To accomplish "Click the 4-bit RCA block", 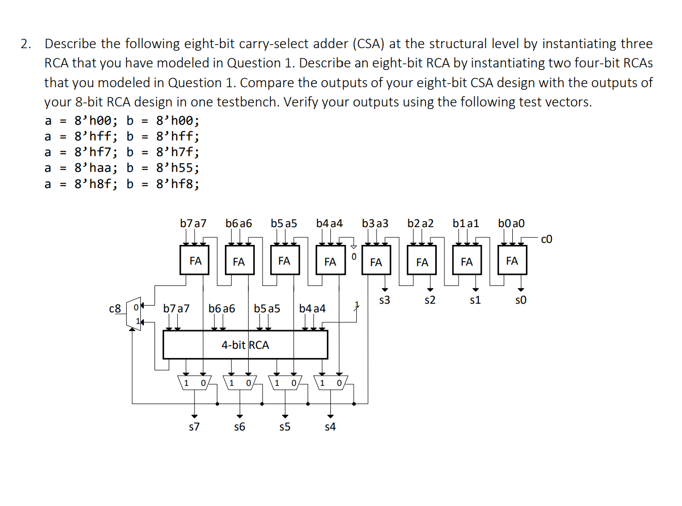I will click(245, 345).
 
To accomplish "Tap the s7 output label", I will click(194, 427).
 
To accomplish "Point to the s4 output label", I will click(330, 427).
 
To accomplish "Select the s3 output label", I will click(385, 300).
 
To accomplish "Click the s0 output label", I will click(520, 300).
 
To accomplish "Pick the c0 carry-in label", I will click(547, 239).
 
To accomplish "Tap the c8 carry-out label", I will click(115, 309).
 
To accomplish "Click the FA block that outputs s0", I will click(512, 261).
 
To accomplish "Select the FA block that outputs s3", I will click(376, 262).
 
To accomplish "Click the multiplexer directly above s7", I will click(195, 383).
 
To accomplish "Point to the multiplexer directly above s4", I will click(330, 383).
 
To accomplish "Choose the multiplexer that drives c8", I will click(134, 314).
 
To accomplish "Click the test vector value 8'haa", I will click(96, 168).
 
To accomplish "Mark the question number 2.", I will click(26, 44).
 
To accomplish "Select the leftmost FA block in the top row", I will click(195, 261).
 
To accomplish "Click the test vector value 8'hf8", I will click(177, 184).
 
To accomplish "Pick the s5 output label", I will click(285, 427).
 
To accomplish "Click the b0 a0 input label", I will click(511, 224).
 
